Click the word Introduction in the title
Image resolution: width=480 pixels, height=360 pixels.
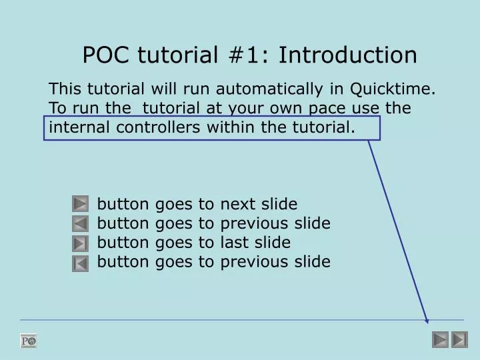pos(348,55)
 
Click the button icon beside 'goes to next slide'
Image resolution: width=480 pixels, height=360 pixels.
pos(80,204)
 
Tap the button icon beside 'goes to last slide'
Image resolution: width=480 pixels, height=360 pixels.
pos(80,243)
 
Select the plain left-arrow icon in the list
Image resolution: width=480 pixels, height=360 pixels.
pos(80,224)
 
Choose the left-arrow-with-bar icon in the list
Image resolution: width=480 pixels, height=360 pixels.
pos(80,264)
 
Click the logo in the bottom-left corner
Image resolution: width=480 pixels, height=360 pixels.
pos(29,341)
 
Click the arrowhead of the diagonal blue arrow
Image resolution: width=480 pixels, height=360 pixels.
pos(427,319)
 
